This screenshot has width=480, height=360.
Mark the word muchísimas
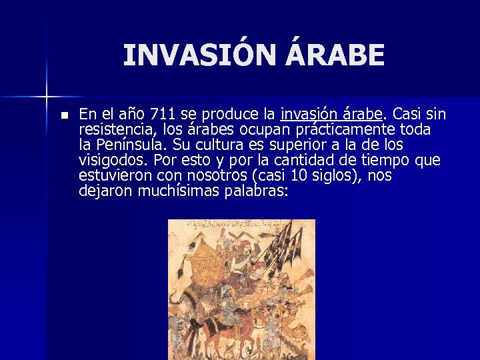pyautogui.click(x=178, y=191)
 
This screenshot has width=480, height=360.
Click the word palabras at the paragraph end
pyautogui.click(x=257, y=191)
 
